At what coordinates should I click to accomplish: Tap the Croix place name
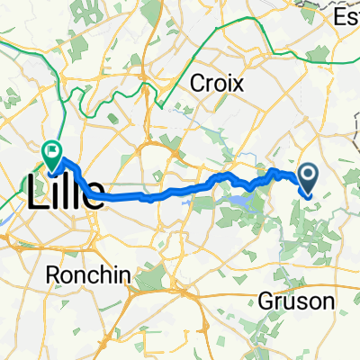click(218, 83)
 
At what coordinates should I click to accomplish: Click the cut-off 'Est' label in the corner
click(347, 16)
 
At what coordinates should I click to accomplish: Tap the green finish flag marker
click(53, 154)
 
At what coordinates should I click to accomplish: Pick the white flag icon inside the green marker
click(53, 151)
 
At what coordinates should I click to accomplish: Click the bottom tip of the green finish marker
click(53, 171)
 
